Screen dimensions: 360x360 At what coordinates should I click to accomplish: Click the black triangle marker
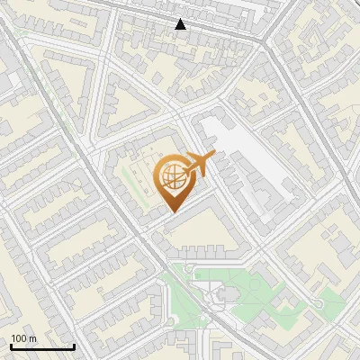click(x=181, y=24)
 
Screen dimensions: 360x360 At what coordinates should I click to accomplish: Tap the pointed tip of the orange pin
click(x=172, y=211)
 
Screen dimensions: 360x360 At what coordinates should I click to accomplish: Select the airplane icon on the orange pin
click(x=200, y=163)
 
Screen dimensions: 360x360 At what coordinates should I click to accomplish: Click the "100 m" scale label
click(x=23, y=338)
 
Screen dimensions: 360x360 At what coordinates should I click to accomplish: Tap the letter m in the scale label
click(x=31, y=338)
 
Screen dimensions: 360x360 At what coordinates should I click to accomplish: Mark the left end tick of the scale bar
click(x=11, y=346)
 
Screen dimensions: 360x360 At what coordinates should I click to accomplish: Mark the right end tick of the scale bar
click(x=74, y=346)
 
